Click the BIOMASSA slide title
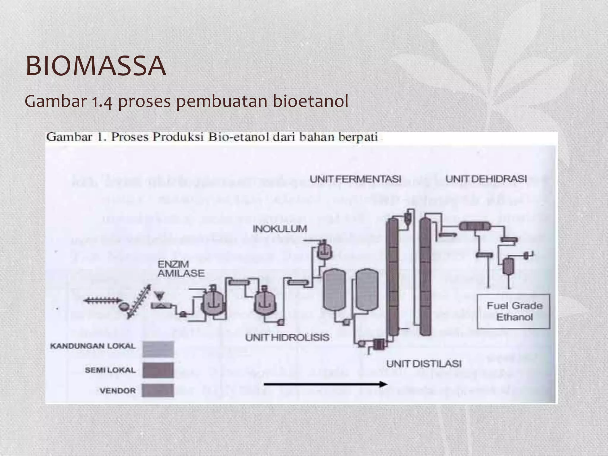point(96,66)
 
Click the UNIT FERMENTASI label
point(355,179)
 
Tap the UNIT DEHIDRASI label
point(486,179)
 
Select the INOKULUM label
point(280,229)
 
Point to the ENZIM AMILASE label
point(181,269)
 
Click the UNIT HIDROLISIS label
point(287,338)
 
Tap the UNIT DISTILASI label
point(424,364)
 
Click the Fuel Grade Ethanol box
point(513,311)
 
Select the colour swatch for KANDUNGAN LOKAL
point(158,349)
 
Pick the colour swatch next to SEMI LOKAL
point(158,370)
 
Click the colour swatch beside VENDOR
point(158,390)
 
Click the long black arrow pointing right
point(325,384)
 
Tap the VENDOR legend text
point(118,391)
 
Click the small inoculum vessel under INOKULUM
point(324,251)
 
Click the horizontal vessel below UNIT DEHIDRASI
point(476,227)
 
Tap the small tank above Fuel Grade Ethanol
point(508,266)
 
